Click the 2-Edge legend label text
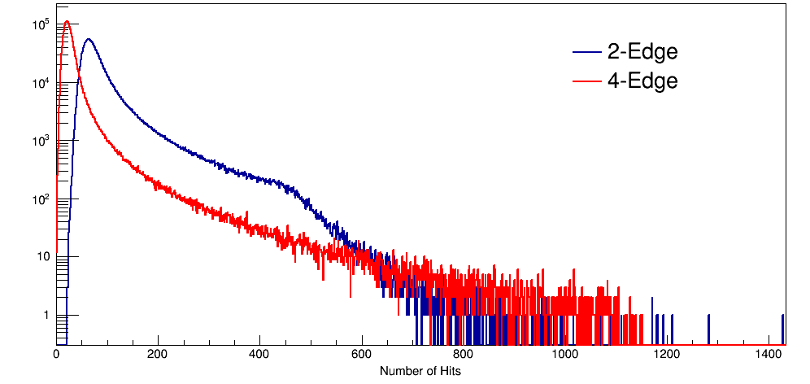pos(642,52)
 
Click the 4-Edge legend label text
pos(642,81)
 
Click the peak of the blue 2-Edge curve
pos(88,39)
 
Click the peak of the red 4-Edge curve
pos(67,22)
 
